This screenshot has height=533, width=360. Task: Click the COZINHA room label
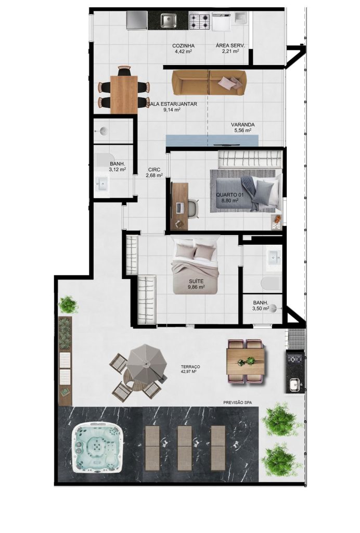[x=183, y=46]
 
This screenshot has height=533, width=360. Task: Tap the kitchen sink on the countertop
[x=169, y=20]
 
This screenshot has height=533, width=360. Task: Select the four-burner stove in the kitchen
[x=199, y=21]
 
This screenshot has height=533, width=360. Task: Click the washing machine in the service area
[x=222, y=21]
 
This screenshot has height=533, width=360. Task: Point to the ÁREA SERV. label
[x=230, y=46]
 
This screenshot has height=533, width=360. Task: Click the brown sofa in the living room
[x=209, y=83]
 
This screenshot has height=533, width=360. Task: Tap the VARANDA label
[x=242, y=125]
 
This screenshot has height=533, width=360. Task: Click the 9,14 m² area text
[x=172, y=110]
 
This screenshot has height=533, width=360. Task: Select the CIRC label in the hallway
[x=154, y=169]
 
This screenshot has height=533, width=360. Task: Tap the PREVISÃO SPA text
[x=237, y=402]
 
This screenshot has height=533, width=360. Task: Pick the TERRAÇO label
[x=190, y=367]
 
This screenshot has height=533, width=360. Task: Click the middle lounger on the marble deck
[x=185, y=448]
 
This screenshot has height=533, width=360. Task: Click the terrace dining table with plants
[x=246, y=361]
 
